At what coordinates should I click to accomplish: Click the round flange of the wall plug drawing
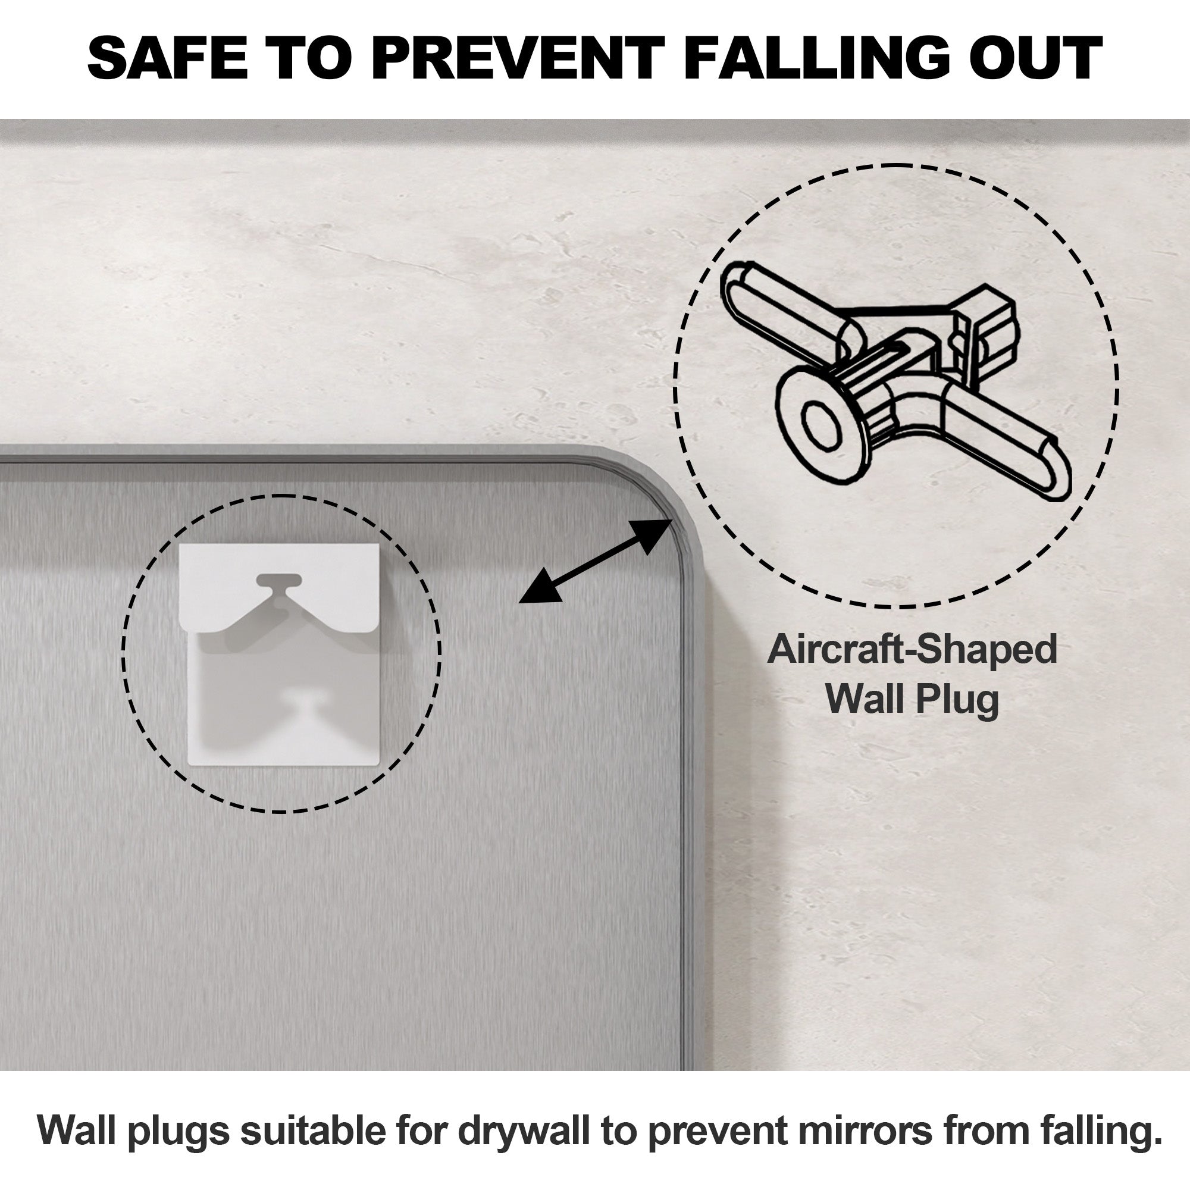pyautogui.click(x=823, y=424)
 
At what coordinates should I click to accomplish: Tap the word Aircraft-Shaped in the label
pyautogui.click(x=912, y=650)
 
